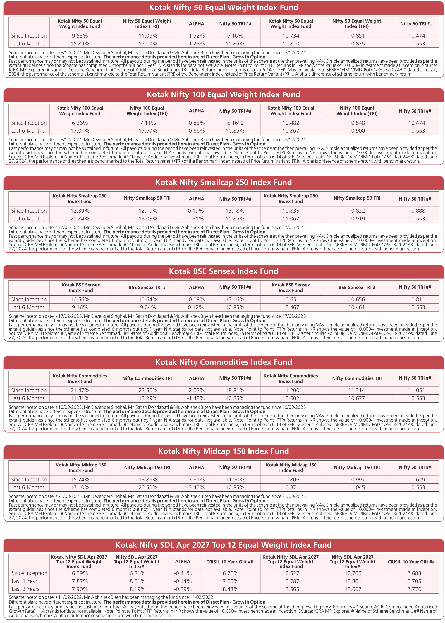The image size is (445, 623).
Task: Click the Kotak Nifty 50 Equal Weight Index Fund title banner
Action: [x=223, y=8]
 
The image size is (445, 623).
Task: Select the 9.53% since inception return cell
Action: [x=80, y=36]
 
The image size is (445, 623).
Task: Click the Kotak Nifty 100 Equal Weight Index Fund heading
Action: [x=223, y=95]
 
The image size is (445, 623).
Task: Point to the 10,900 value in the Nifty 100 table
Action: [x=356, y=131]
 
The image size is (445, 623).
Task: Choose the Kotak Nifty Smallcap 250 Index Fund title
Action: [x=223, y=182]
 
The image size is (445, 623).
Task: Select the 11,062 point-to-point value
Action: [x=291, y=219]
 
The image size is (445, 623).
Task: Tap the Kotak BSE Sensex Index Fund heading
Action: [x=223, y=271]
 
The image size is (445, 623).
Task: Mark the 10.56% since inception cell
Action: [x=80, y=299]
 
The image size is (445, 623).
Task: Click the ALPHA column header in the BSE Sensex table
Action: [x=196, y=288]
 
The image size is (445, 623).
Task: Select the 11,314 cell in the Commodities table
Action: [x=356, y=390]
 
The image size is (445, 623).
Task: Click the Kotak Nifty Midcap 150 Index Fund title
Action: [x=223, y=451]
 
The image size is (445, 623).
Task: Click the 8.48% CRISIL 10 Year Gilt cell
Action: [x=230, y=589]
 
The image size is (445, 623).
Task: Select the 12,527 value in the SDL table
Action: [x=291, y=573]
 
